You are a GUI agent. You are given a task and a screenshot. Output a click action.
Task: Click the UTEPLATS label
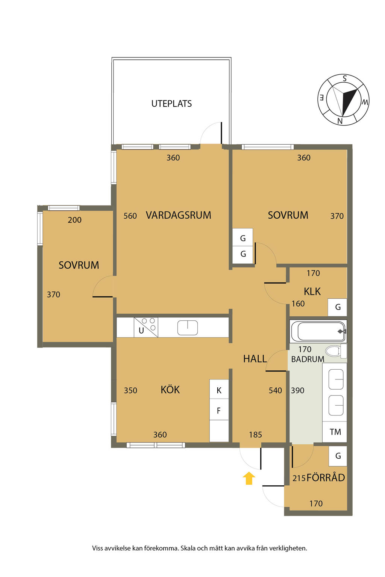click(171, 104)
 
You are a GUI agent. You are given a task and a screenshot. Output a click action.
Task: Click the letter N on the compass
click(340, 121)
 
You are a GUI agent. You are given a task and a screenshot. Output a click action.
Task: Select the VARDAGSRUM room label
click(179, 215)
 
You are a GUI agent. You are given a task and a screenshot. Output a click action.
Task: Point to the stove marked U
click(146, 327)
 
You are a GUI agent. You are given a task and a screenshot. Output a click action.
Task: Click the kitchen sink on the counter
click(188, 328)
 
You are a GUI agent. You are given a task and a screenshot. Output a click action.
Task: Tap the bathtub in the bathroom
click(318, 331)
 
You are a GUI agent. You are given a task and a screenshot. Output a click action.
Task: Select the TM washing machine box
click(335, 432)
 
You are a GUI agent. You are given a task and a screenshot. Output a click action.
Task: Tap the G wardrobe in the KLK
click(337, 307)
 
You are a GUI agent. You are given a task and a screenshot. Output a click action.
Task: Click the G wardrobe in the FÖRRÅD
click(338, 456)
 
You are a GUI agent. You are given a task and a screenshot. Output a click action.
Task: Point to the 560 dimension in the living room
click(130, 216)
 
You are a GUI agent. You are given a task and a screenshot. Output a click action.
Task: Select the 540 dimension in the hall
click(275, 391)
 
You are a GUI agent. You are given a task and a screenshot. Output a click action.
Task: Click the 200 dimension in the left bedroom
click(74, 220)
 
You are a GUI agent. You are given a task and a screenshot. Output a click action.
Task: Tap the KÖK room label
click(170, 390)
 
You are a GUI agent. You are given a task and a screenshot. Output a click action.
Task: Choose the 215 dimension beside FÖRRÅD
click(299, 478)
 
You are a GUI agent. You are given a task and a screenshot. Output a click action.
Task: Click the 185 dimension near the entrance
click(255, 435)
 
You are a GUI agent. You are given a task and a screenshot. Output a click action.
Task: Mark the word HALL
click(255, 359)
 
